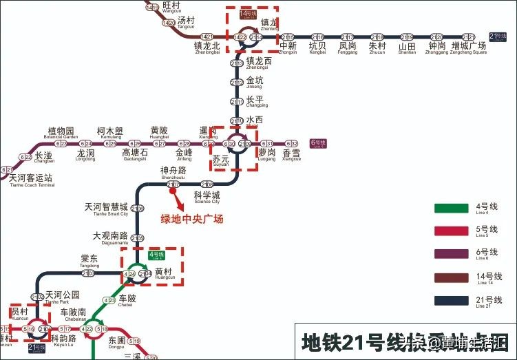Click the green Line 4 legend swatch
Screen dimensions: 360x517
(451, 209)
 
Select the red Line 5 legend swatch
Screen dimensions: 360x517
(451, 231)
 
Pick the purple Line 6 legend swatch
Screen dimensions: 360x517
(451, 254)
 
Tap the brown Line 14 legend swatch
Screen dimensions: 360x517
(451, 277)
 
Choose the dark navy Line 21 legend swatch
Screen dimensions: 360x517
(451, 300)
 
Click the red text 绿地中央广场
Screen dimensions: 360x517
(193, 219)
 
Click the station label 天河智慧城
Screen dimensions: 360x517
(106, 207)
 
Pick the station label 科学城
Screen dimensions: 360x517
(207, 195)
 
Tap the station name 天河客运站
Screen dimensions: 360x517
(31, 178)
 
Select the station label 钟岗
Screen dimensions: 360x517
(437, 46)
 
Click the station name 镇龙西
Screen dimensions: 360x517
(259, 61)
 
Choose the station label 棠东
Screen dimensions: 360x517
(89, 259)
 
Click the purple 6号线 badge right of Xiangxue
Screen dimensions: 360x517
(318, 143)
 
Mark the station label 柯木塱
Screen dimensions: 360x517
(110, 131)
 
